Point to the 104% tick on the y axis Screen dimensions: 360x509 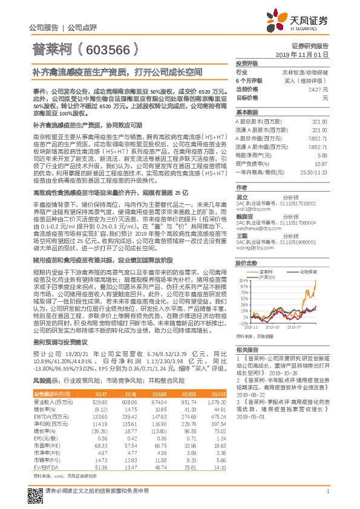pos(242,264)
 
